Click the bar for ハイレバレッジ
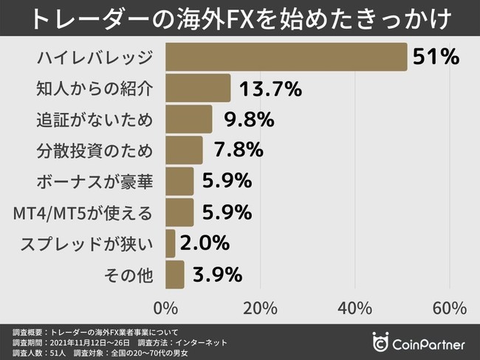click(x=287, y=57)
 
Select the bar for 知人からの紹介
click(x=198, y=88)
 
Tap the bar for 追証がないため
click(x=188, y=119)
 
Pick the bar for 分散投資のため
click(x=184, y=150)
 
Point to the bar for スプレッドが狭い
click(x=171, y=243)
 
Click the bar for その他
click(x=175, y=274)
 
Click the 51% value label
click(x=436, y=57)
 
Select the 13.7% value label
click(x=270, y=89)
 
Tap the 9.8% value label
click(x=243, y=120)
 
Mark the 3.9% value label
click(x=217, y=274)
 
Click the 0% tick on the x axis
click(x=165, y=306)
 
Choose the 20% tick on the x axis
click(x=260, y=306)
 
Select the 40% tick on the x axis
click(x=355, y=306)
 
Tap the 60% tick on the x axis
click(x=449, y=306)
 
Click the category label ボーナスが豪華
click(x=95, y=181)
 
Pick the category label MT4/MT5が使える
click(x=83, y=212)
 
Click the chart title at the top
click(x=240, y=18)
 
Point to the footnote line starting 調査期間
click(x=122, y=342)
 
